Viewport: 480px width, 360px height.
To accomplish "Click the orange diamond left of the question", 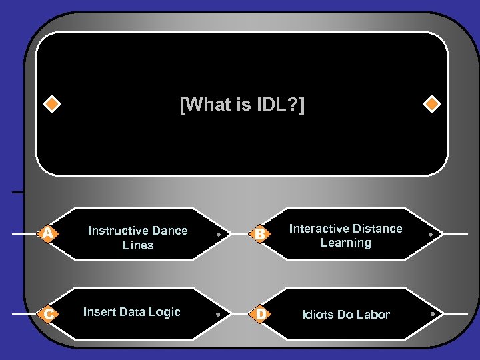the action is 51,105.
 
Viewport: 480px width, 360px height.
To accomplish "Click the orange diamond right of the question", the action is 432,105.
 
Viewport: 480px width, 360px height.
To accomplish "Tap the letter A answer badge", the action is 47,233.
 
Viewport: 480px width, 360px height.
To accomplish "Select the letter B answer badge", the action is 261,233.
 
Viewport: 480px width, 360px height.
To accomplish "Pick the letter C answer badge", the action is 47,313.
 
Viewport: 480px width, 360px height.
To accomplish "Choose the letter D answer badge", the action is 261,313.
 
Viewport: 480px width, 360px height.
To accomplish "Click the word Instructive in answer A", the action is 118,231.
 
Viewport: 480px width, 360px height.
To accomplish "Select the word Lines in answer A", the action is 138,245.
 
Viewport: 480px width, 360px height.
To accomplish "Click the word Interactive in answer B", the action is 319,229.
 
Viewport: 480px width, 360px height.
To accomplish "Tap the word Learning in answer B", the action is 345,243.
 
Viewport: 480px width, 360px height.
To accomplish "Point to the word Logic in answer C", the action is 165,312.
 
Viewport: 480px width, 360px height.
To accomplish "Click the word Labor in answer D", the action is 374,315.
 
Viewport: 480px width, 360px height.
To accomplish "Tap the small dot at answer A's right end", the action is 218,235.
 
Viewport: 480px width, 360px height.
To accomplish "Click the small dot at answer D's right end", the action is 432,313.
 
